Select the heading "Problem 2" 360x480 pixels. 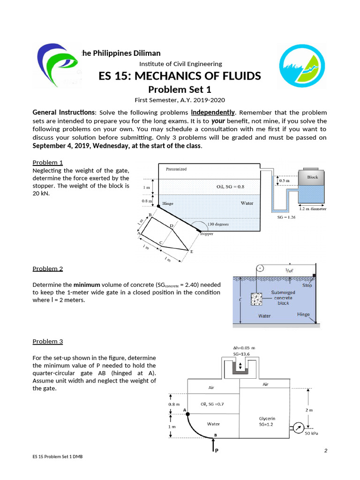coord(47,269)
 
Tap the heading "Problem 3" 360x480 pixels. coord(47,341)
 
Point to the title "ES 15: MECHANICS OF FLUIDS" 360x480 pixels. coord(180,76)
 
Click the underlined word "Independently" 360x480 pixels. coord(213,112)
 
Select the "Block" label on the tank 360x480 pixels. coord(312,177)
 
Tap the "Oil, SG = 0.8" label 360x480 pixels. coord(230,187)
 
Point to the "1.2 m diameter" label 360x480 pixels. coord(313,209)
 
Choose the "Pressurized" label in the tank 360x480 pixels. coord(176,169)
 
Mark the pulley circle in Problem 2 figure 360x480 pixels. coord(261,269)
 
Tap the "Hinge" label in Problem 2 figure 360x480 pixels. coord(303,315)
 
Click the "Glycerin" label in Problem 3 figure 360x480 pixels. coord(267,418)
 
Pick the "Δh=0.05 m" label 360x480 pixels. coord(244,348)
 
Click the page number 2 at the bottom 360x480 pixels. coord(325,451)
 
